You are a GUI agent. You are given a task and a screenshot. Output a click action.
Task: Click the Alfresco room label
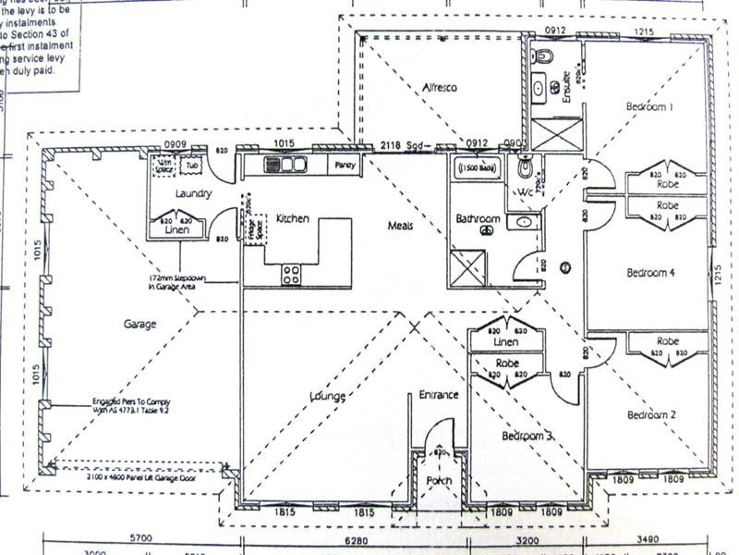click(441, 88)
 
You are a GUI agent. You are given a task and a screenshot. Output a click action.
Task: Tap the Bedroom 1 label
click(651, 107)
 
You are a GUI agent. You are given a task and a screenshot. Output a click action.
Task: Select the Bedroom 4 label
click(651, 272)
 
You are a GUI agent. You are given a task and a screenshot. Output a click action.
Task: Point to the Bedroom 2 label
click(652, 415)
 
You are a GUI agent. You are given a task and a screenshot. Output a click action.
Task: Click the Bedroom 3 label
click(527, 435)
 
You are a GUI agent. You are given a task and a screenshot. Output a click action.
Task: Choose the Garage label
click(139, 325)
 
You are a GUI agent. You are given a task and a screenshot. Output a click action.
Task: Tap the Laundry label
click(194, 193)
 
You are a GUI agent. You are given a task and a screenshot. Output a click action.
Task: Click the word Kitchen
click(293, 219)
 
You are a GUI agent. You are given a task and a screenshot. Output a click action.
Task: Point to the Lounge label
click(328, 397)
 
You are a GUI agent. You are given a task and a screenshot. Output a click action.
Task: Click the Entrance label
click(439, 395)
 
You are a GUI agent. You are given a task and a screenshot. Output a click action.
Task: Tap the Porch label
click(438, 481)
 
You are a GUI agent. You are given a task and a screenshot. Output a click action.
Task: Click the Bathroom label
click(479, 219)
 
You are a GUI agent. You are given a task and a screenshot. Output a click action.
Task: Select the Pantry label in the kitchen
click(345, 165)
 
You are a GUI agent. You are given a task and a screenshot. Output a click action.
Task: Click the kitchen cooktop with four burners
click(290, 273)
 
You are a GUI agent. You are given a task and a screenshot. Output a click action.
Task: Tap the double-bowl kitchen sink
click(285, 165)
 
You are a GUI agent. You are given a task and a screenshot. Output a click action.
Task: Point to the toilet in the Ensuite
click(542, 57)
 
